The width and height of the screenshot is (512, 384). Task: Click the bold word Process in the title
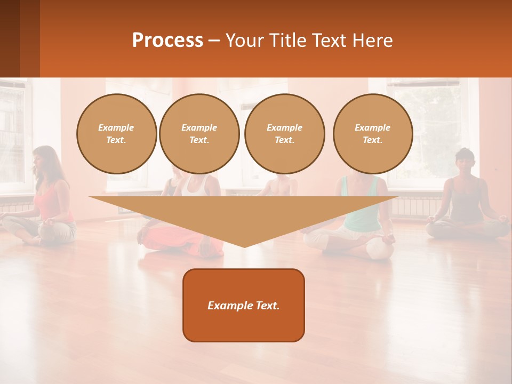tap(167, 41)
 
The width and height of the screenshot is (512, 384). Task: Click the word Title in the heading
tap(289, 41)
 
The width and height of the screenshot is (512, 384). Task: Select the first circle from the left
tap(117, 134)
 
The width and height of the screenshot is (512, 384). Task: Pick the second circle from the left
tap(199, 134)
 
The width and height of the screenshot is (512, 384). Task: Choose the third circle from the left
tap(285, 134)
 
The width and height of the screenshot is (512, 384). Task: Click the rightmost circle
tap(373, 134)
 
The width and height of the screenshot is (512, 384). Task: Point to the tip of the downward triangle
tap(244, 246)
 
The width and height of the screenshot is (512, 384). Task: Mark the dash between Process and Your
tap(214, 41)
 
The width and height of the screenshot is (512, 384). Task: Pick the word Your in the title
tap(246, 41)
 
